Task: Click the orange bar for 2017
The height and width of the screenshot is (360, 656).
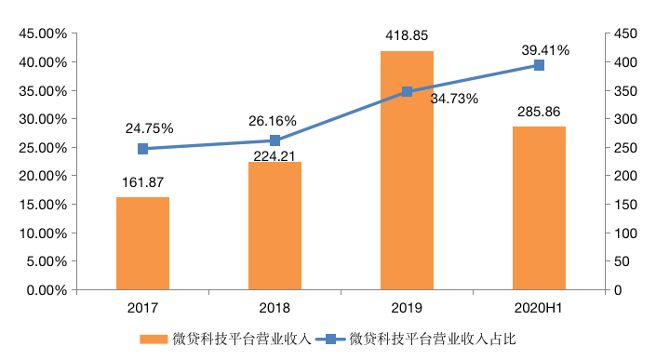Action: click(142, 244)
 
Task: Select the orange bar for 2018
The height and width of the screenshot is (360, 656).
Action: click(274, 226)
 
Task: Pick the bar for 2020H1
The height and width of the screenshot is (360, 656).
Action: click(539, 208)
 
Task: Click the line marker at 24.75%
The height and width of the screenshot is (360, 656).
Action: click(142, 149)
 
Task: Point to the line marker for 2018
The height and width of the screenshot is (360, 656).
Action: click(274, 140)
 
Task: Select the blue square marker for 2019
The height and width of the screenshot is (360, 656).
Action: click(407, 92)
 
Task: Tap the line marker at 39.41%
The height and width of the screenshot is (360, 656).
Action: click(539, 65)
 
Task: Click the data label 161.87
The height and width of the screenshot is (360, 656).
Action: click(142, 184)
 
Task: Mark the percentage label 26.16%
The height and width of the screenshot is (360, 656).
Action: click(273, 121)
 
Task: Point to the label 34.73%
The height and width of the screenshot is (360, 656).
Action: click(454, 99)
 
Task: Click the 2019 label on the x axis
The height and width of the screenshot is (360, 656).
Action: click(407, 307)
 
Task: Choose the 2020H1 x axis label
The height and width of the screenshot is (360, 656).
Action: click(539, 307)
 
